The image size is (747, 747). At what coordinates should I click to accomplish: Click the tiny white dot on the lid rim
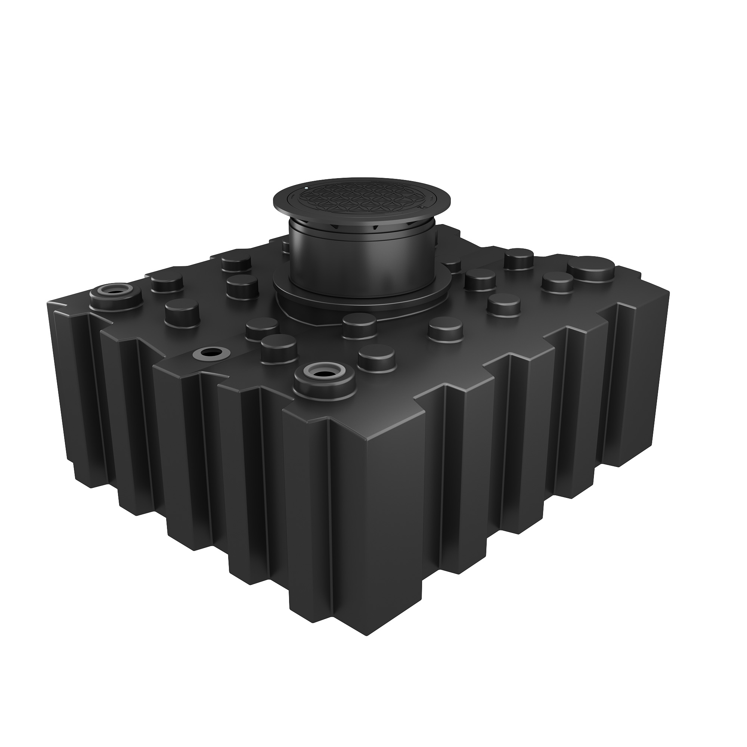point(307,188)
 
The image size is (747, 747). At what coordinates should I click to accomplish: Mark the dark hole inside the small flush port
point(211,352)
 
